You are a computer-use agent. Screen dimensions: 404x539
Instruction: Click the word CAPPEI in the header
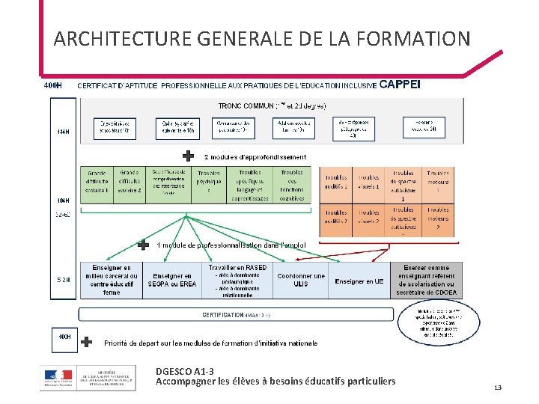pos(401,85)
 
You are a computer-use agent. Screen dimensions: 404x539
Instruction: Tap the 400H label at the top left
pos(52,85)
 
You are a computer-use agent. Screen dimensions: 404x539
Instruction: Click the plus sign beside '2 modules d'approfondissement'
pos(189,156)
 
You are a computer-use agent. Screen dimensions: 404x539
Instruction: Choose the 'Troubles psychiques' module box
pos(208,181)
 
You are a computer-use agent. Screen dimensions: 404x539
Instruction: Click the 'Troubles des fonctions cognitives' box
pos(292,185)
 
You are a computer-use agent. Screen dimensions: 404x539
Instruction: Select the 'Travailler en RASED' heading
pos(237,267)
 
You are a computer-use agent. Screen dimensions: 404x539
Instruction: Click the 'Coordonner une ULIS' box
pos(301,280)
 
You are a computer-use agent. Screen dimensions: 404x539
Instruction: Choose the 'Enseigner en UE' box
pos(359,281)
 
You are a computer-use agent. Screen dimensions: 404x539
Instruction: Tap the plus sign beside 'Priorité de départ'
pos(87,341)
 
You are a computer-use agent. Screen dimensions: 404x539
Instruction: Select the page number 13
pos(497,387)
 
